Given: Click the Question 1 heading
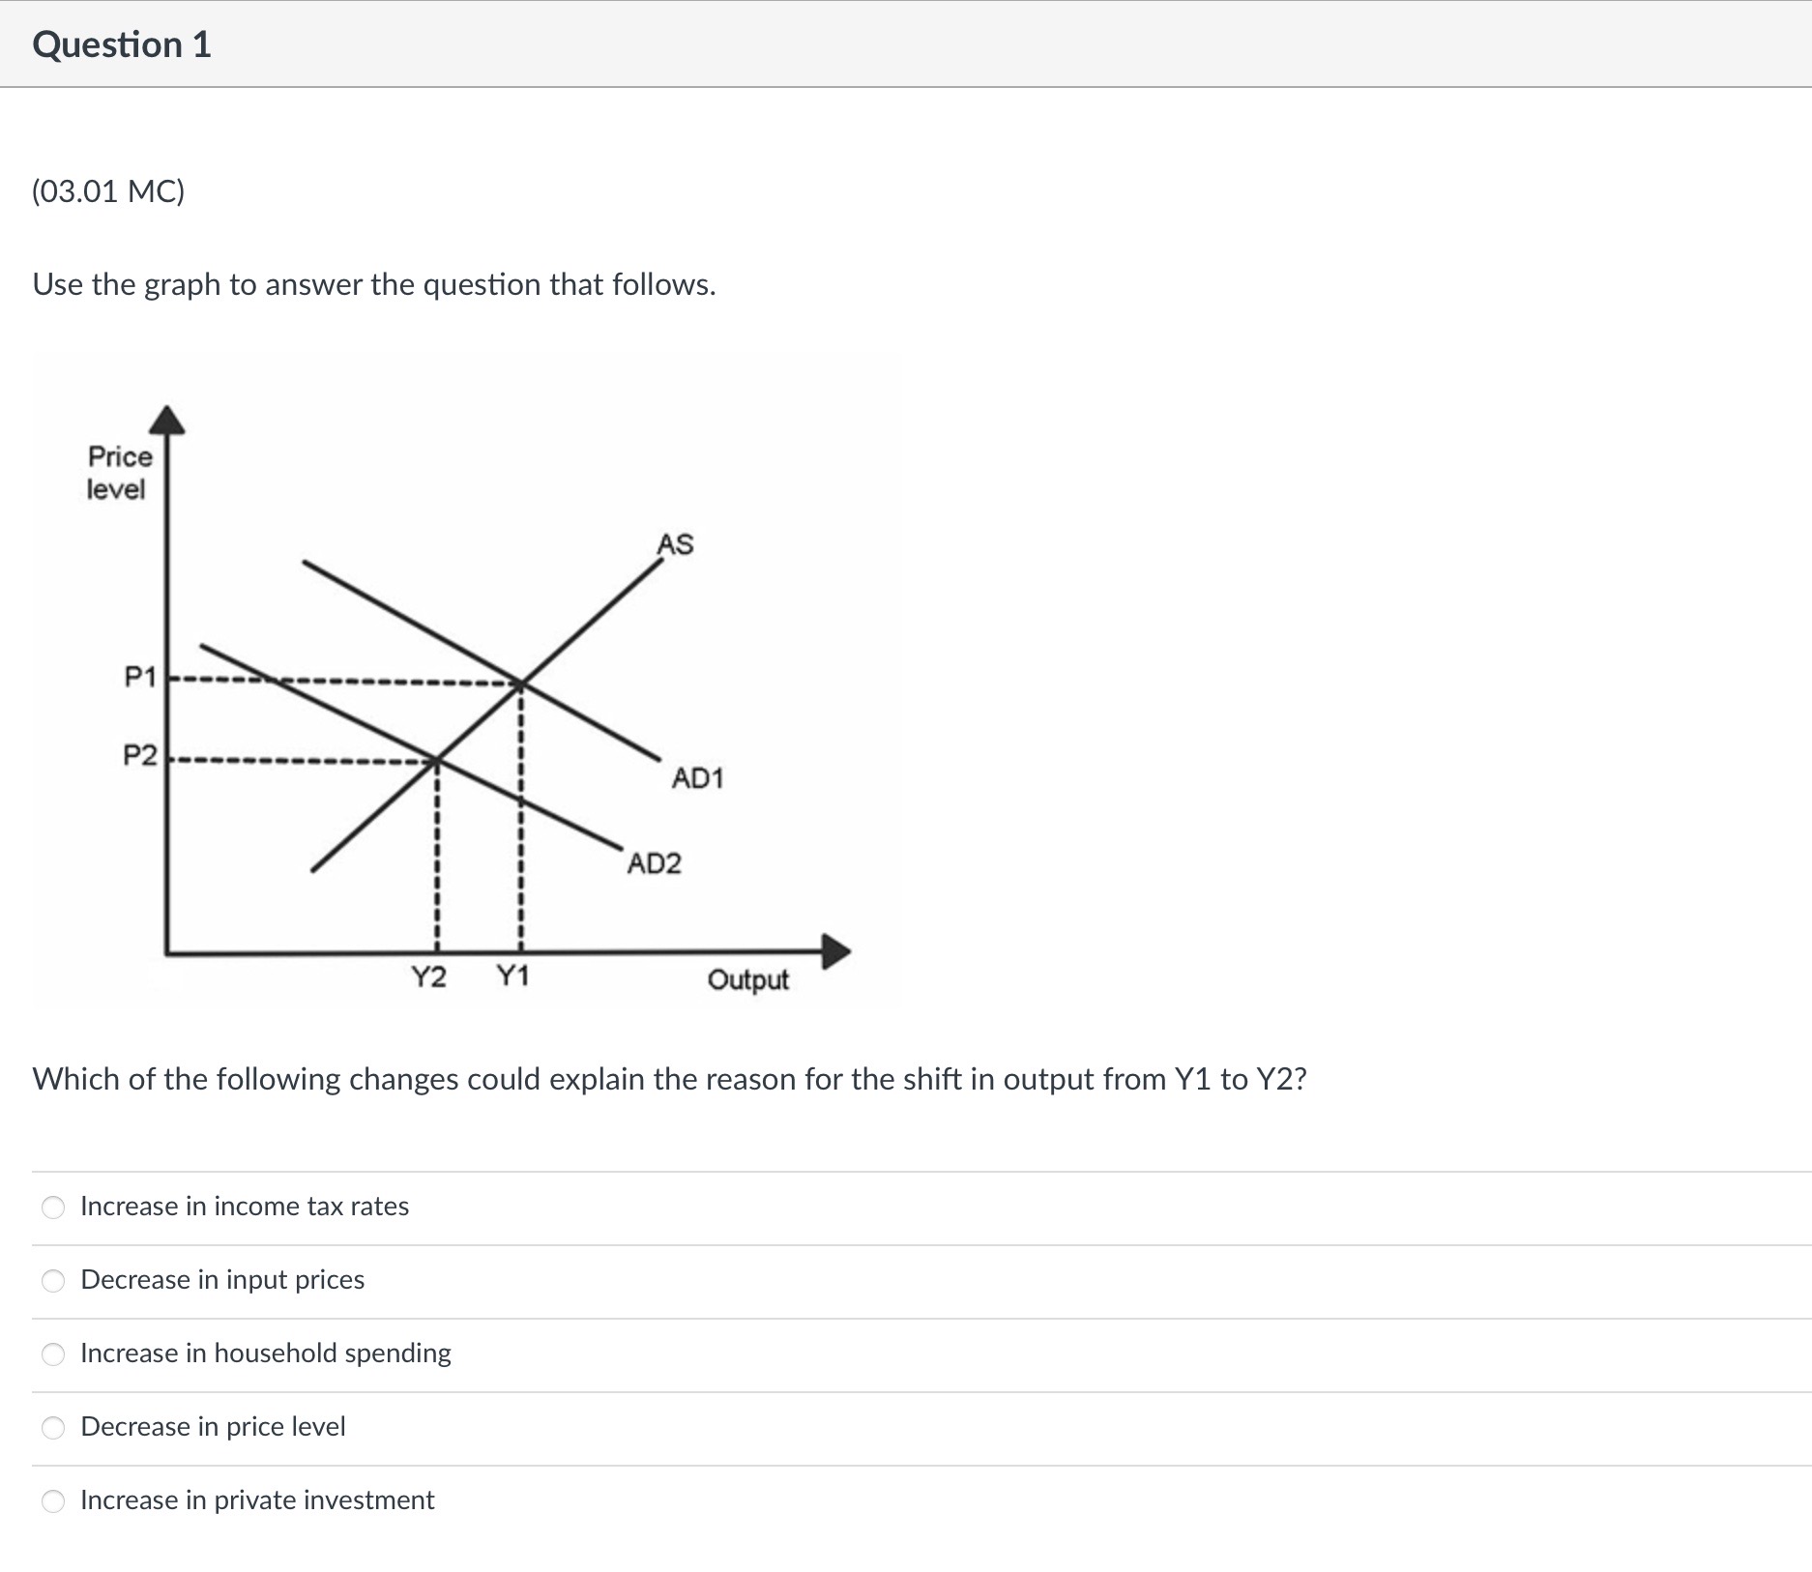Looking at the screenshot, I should (122, 45).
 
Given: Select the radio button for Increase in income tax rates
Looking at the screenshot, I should (54, 1208).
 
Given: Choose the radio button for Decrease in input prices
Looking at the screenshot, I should (54, 1281).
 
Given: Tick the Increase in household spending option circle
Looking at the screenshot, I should (54, 1354).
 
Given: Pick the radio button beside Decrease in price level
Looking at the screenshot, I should (54, 1428).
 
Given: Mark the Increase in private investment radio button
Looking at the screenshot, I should (54, 1501).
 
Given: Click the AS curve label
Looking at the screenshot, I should (675, 544).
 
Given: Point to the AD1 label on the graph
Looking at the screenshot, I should (697, 778).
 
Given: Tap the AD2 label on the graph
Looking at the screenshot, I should (655, 863).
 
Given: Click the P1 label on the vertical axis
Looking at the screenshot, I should (140, 677).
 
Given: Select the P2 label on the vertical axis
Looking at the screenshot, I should (140, 754).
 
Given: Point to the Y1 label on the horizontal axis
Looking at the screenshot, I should (512, 976).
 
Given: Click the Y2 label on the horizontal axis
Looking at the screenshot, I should (429, 977).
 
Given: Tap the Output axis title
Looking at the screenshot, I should (747, 980).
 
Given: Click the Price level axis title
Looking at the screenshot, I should (119, 473).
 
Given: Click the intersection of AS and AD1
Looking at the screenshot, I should (521, 684).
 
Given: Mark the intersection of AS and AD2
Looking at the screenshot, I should (437, 760).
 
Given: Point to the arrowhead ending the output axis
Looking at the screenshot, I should (835, 951).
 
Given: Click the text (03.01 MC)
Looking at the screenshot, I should (108, 191).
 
